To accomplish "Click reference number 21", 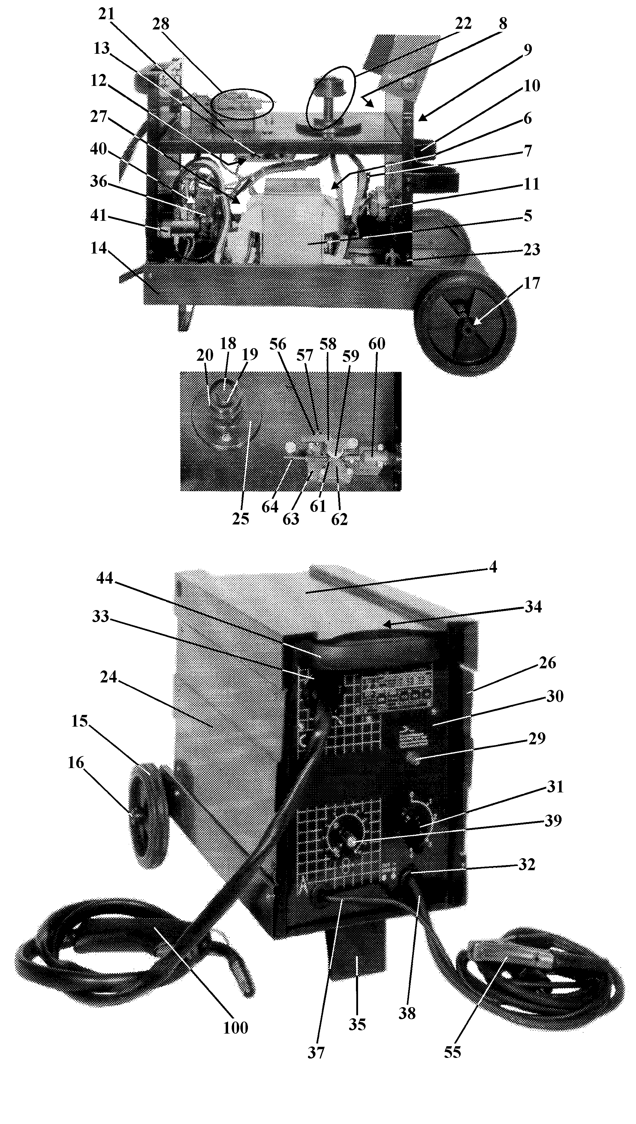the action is [106, 14].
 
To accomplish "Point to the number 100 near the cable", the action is [236, 1028].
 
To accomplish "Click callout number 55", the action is [453, 1052].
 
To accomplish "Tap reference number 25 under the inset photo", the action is [240, 519].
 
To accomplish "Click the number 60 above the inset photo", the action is [377, 344].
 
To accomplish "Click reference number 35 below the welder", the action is [357, 1024].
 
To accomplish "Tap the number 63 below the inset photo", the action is [291, 519].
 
